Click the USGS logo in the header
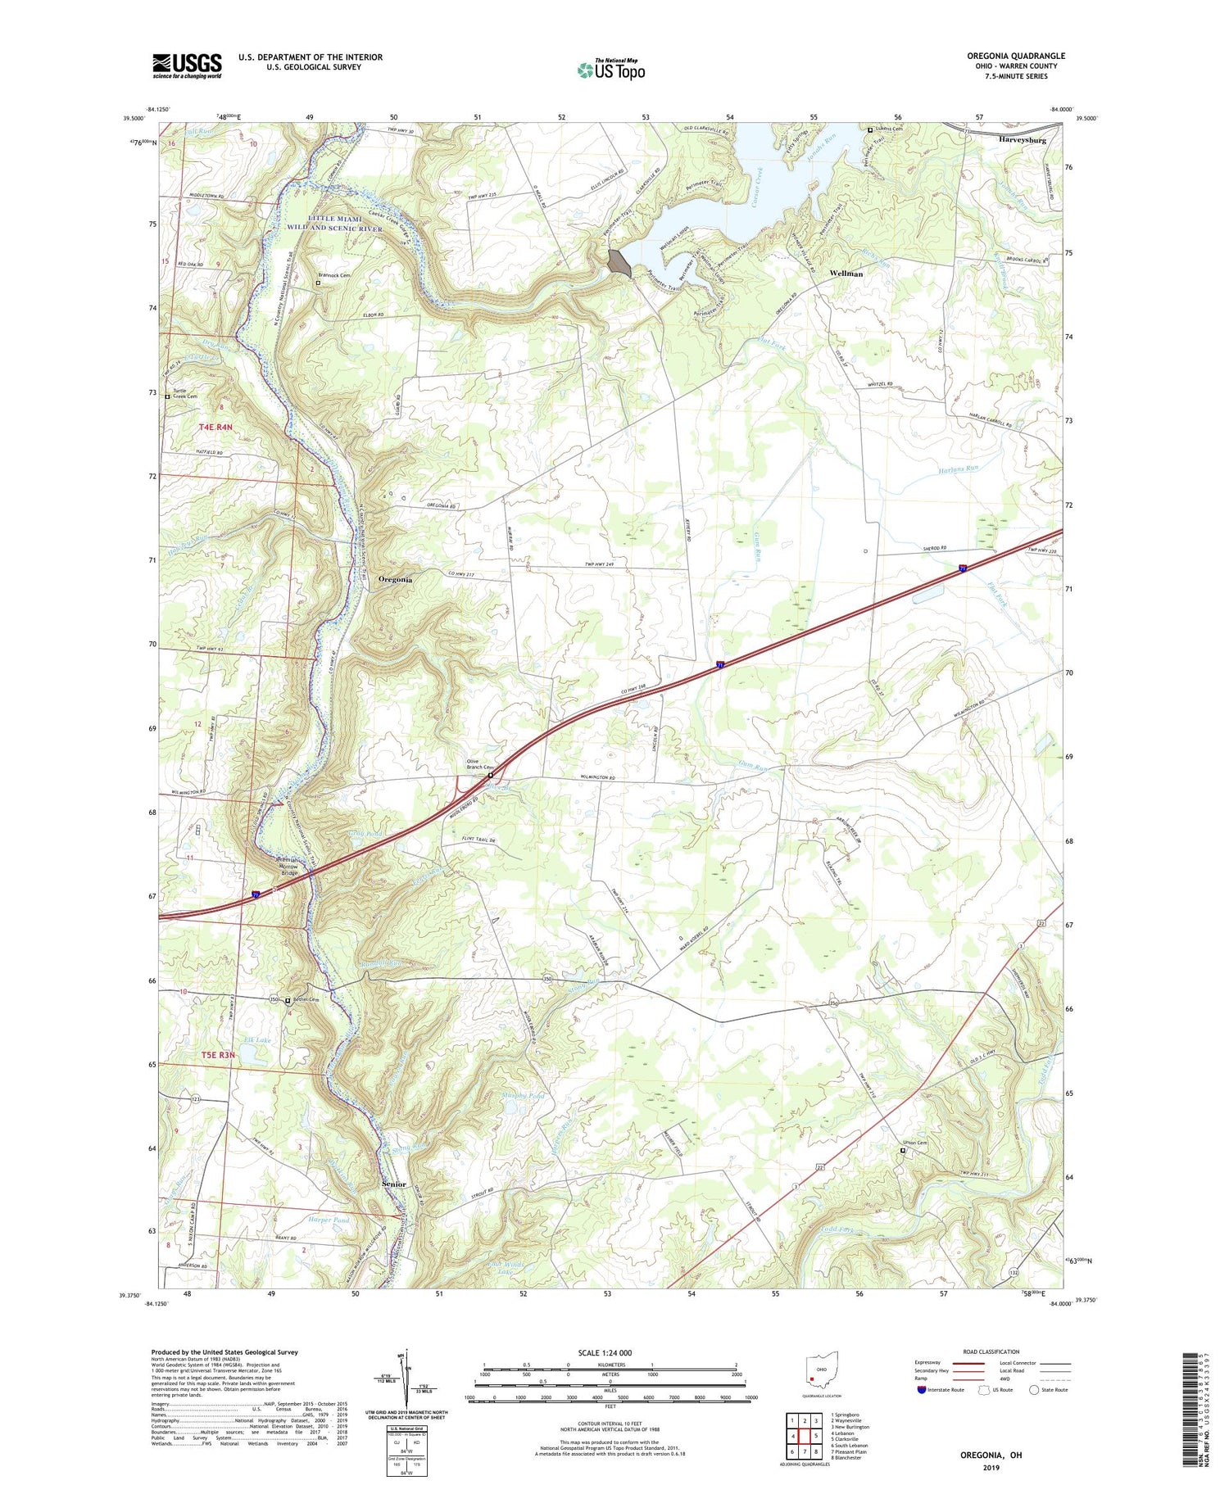[187, 66]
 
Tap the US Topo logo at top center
[611, 70]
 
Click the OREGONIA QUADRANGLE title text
[1015, 57]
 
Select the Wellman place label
[846, 274]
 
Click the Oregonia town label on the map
[395, 579]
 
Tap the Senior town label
[394, 1184]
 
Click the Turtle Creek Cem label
[184, 394]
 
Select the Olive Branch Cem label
[478, 764]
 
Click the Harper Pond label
[329, 1220]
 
